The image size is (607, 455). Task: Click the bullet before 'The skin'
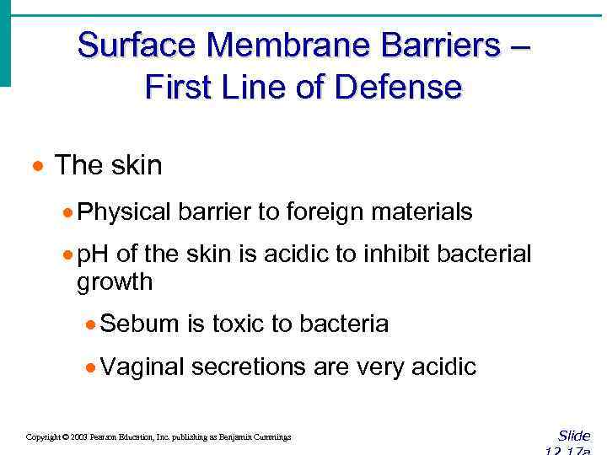click(x=39, y=165)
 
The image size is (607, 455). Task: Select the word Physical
click(x=124, y=212)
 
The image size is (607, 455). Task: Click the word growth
click(x=115, y=281)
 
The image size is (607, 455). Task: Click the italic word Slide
click(x=574, y=436)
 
